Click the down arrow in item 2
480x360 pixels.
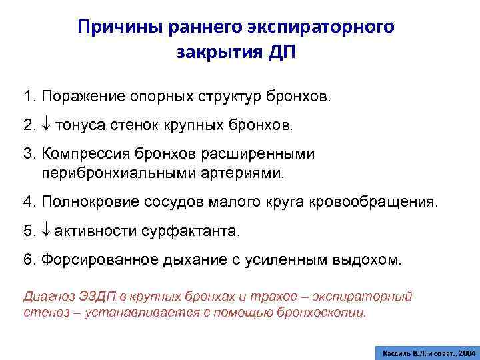pos(46,125)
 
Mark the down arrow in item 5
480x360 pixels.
pos(45,231)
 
